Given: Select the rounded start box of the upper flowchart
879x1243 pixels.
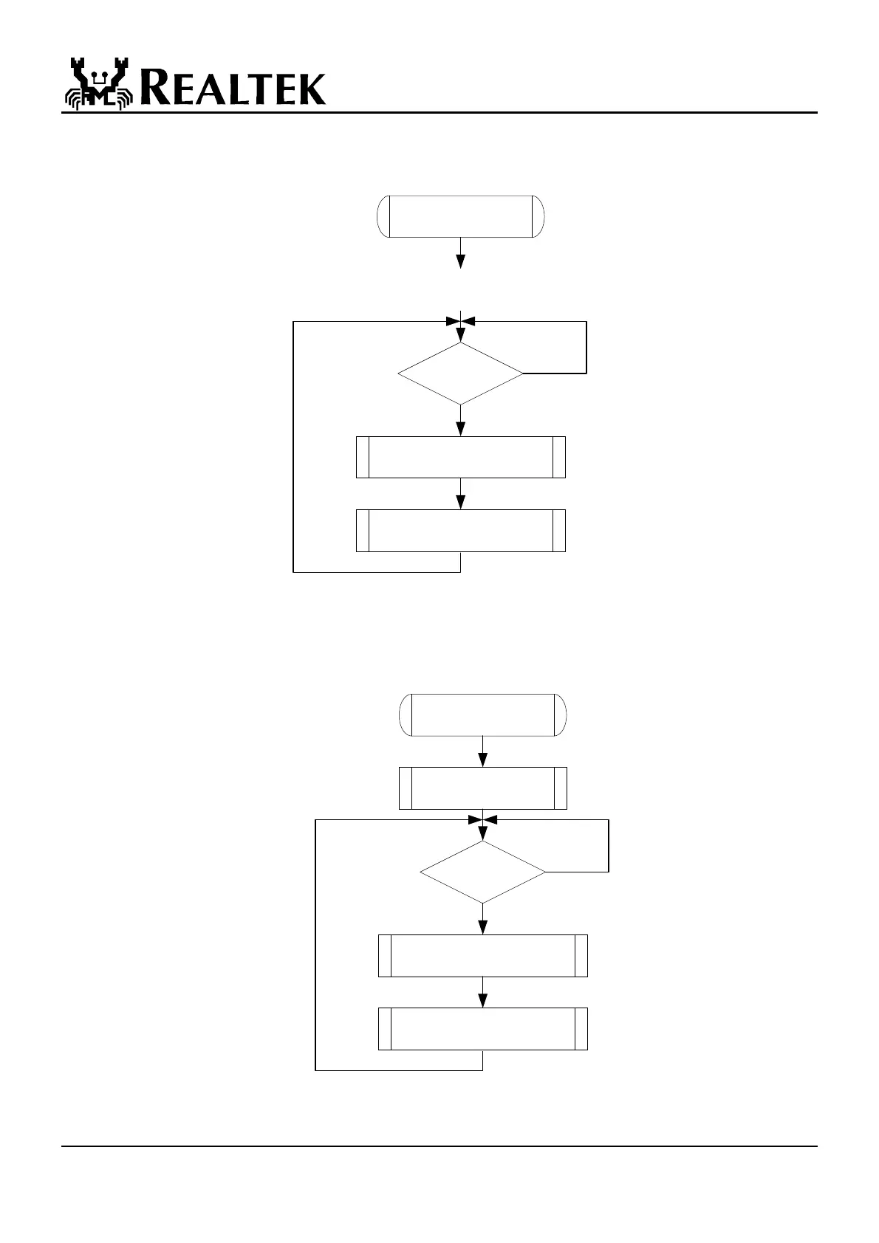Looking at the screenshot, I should click(460, 216).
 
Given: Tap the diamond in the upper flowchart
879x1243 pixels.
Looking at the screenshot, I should click(460, 373).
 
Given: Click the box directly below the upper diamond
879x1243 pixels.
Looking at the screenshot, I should click(460, 457).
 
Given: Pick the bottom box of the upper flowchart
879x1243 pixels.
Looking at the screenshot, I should click(460, 530).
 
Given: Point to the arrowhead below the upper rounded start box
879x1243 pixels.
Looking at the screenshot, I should click(461, 261).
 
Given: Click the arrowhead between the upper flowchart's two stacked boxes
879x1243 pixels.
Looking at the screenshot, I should click(461, 502).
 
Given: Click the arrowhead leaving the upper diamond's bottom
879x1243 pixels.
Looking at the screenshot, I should click(461, 429).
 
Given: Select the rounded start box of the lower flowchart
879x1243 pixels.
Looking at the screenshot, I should click(482, 715).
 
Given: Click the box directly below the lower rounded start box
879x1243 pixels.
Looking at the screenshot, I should click(482, 788).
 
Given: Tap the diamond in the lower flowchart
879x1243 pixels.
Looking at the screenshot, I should click(482, 872).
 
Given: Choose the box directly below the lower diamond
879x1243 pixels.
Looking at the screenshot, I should click(482, 956).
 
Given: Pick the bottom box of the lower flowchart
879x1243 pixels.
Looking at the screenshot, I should click(482, 1028).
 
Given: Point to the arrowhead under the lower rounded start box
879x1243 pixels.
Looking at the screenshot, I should click(483, 760).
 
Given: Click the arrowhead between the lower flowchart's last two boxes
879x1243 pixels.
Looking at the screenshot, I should click(483, 1000).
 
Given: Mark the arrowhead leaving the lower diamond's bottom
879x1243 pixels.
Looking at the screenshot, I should click(483, 927).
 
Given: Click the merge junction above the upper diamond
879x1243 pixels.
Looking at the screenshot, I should click(461, 322).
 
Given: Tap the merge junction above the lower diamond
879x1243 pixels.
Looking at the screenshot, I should click(483, 820).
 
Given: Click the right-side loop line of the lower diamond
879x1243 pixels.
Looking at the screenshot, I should click(609, 846).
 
